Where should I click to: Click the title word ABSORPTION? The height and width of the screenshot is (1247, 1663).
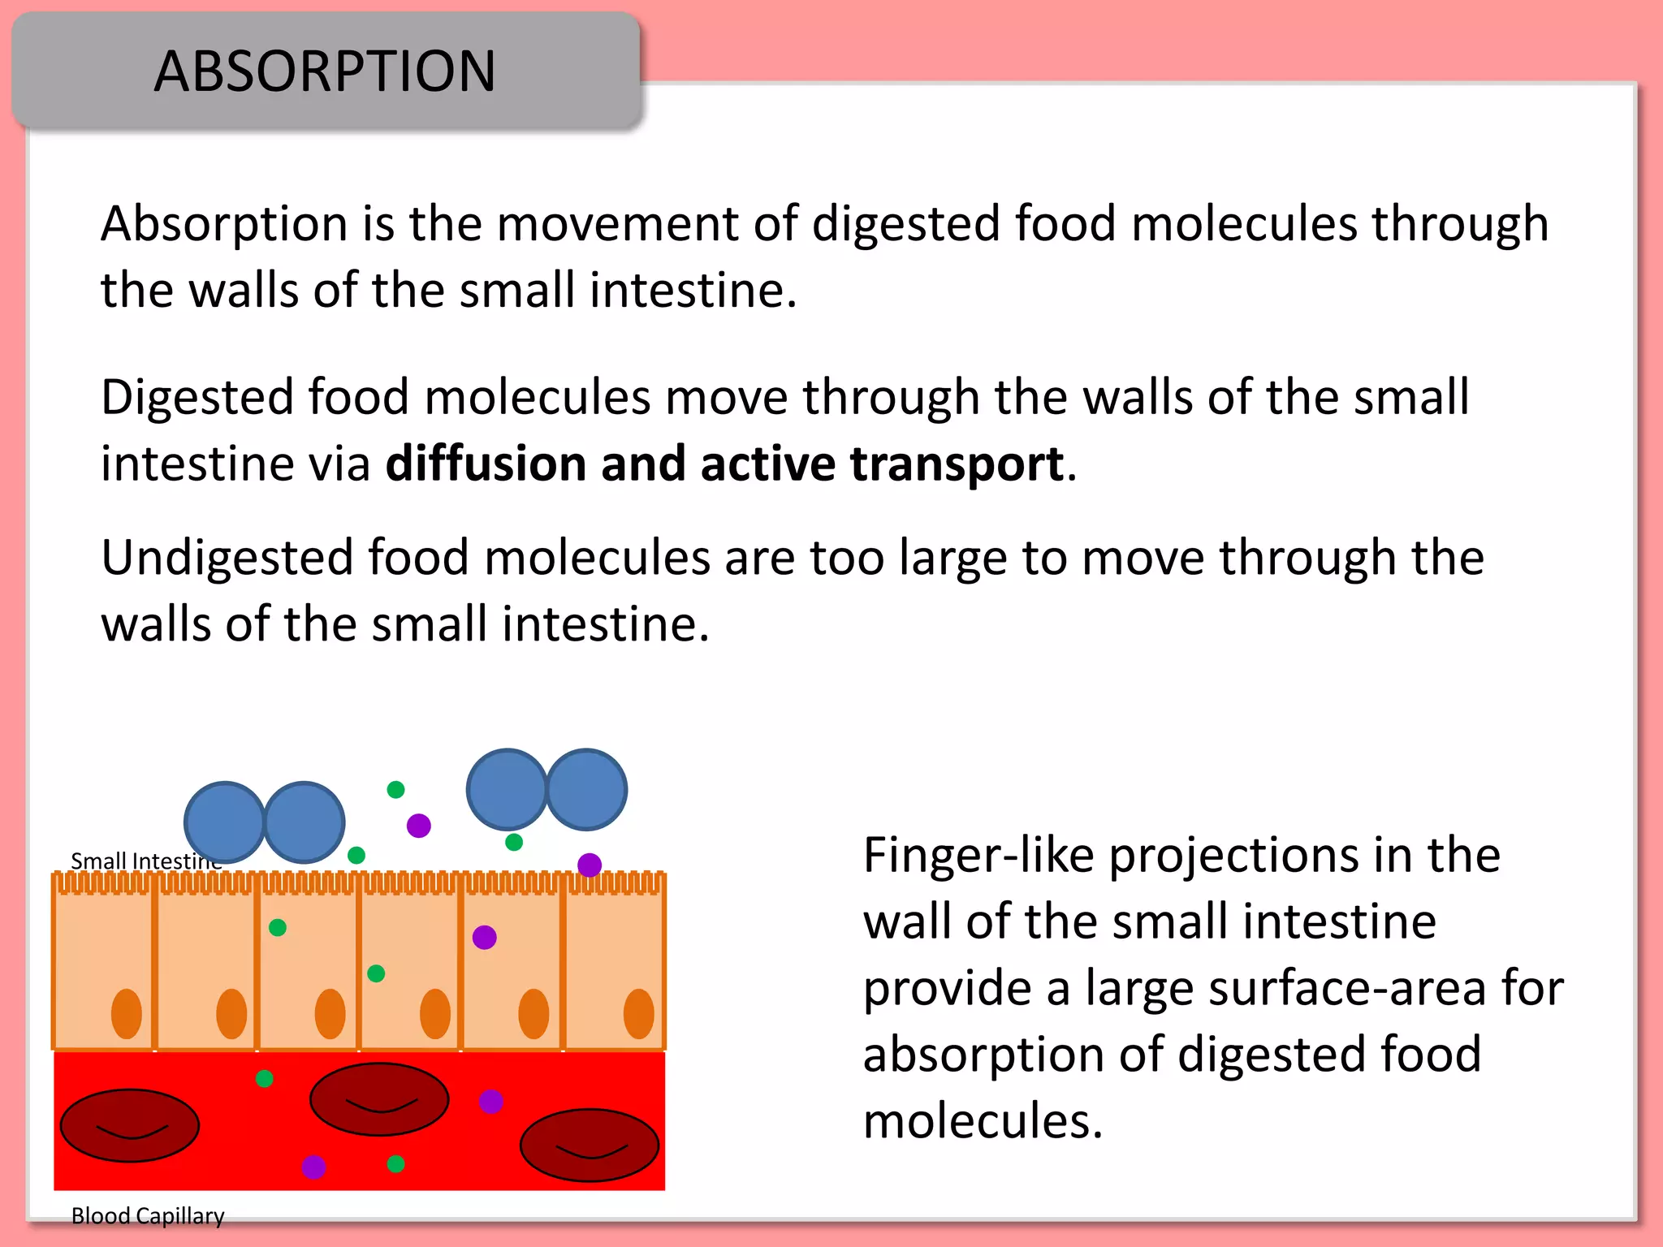point(325,71)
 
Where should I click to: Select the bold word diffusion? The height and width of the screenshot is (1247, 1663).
point(486,464)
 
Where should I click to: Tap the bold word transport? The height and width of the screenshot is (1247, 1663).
point(957,464)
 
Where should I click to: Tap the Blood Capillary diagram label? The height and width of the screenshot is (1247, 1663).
point(148,1216)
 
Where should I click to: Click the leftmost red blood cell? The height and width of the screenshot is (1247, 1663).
point(130,1125)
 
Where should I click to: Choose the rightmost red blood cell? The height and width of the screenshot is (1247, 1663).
point(590,1145)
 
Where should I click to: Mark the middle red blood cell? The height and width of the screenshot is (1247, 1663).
point(379,1098)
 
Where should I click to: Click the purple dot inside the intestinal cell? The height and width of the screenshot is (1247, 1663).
point(485,938)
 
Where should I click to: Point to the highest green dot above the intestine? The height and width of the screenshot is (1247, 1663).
point(395,790)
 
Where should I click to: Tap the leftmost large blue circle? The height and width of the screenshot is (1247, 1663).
point(224,822)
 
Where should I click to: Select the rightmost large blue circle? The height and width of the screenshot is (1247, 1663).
point(586,789)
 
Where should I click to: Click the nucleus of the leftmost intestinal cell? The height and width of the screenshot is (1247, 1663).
point(127,1013)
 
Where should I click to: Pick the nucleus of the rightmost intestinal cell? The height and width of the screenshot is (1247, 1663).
point(638,1013)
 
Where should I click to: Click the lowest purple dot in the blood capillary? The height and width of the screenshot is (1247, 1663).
point(313,1167)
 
